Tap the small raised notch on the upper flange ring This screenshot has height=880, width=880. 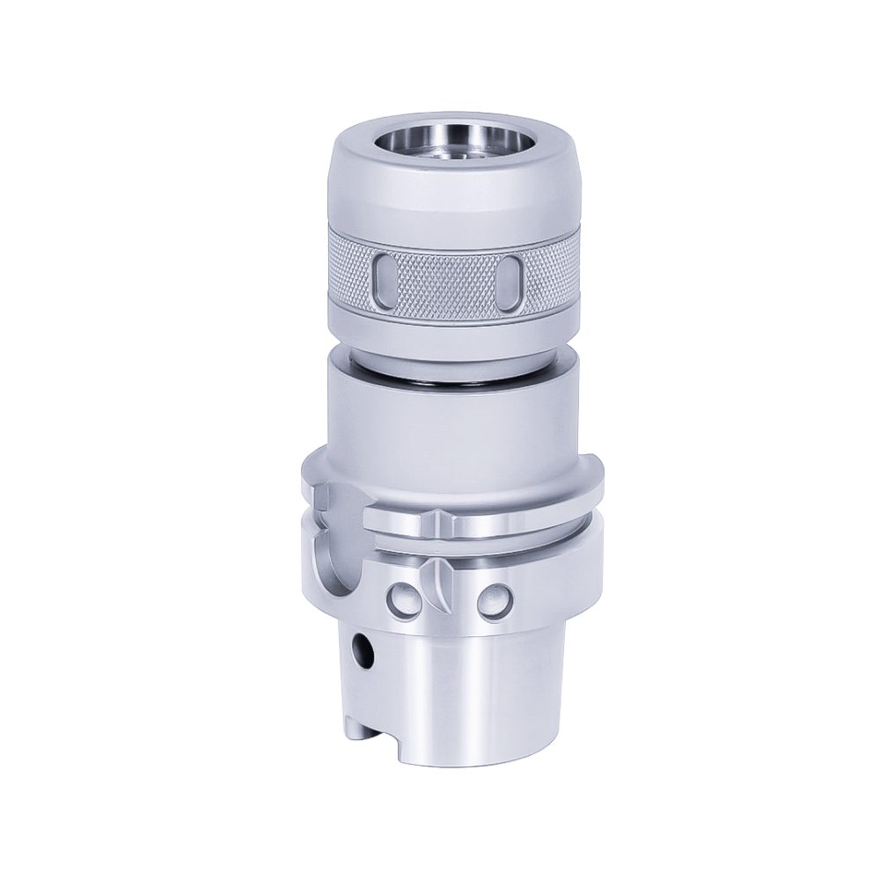[x=437, y=518]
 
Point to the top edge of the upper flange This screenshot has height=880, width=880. [x=528, y=459]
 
